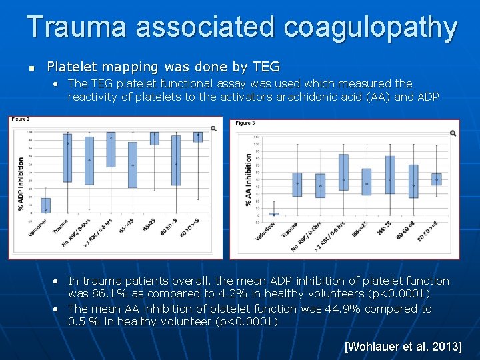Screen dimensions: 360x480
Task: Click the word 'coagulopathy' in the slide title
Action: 371,27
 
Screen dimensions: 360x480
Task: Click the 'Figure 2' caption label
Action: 21,119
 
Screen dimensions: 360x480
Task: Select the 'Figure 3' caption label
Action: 244,123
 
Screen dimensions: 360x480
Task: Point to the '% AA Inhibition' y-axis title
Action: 249,180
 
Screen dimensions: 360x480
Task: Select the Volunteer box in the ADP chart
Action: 45,205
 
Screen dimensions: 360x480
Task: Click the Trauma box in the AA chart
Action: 297,184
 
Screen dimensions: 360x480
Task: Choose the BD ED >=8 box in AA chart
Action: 437,179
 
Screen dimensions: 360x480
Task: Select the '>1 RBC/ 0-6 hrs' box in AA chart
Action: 343,172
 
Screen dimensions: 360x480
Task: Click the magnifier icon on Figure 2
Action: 213,128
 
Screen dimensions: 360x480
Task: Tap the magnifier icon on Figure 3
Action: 453,133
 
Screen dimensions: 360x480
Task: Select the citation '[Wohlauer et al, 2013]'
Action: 403,347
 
